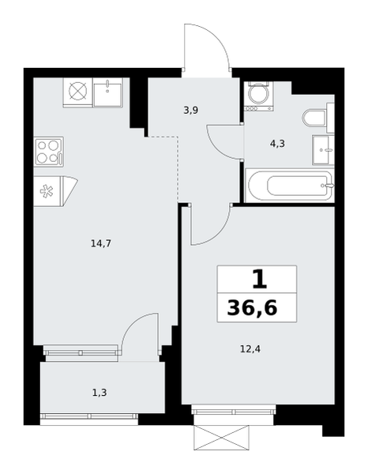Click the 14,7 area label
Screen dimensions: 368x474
point(101,243)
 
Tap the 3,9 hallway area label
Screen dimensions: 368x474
point(190,111)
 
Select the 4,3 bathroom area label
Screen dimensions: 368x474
point(277,144)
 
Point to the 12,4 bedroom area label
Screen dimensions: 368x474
point(250,349)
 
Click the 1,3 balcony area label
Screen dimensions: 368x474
point(100,393)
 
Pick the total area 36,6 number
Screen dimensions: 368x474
point(252,308)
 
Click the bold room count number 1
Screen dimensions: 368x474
point(260,280)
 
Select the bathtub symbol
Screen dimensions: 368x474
point(290,186)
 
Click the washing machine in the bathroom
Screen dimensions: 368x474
point(259,96)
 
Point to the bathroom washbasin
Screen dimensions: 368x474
point(323,150)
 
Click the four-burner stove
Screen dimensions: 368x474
point(49,152)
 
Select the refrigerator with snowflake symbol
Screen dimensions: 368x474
point(55,191)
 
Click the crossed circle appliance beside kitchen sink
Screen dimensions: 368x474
point(77,92)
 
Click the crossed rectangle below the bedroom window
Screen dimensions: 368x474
point(222,438)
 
